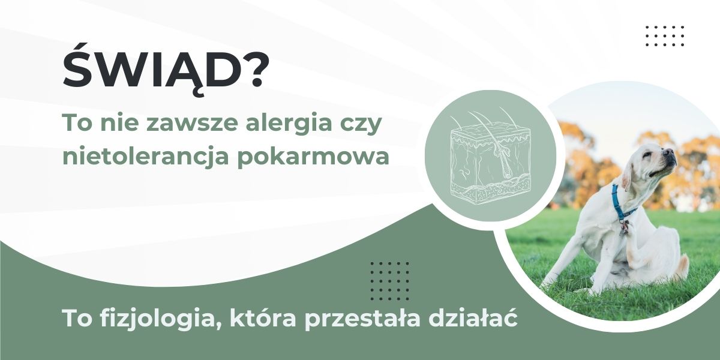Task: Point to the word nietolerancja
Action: click(x=146, y=158)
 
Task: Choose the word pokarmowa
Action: click(x=313, y=158)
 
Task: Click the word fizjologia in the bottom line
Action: click(x=158, y=319)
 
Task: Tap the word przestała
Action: click(x=362, y=319)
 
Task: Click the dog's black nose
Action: click(x=671, y=151)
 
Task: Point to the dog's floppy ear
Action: click(x=628, y=177)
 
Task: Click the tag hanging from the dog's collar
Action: click(x=624, y=227)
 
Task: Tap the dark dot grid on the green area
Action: click(x=390, y=281)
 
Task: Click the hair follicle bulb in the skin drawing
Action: click(x=506, y=174)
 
